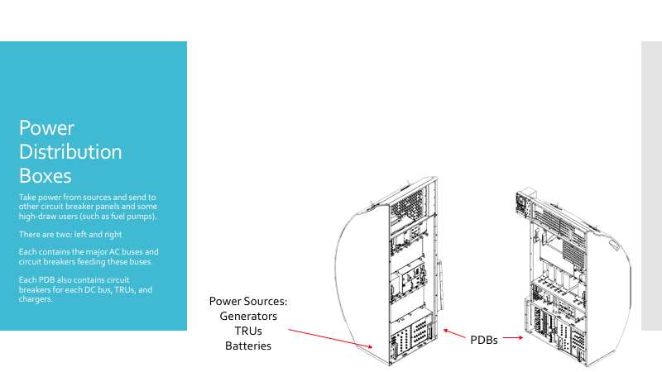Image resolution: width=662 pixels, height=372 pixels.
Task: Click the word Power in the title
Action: pos(46,128)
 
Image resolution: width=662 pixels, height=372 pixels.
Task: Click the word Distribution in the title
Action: pos(70,152)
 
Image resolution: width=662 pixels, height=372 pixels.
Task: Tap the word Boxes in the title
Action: pos(46,175)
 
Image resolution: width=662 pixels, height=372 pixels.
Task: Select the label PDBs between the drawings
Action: pos(484,340)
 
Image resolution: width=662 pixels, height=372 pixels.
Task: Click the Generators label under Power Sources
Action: pos(248,316)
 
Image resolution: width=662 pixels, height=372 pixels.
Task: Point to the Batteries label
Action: pos(248,346)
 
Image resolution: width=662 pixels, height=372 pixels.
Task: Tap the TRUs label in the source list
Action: pos(248,331)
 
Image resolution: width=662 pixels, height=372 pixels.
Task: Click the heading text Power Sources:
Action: pos(248,301)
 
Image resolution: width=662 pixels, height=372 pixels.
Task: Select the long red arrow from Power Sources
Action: pos(330,338)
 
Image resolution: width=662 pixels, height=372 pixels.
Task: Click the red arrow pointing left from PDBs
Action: pos(454,334)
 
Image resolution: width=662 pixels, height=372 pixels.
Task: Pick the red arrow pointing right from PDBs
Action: pos(513,337)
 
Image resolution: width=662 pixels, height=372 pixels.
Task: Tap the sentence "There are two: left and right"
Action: pos(70,235)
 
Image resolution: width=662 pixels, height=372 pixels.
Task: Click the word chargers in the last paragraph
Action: pos(35,299)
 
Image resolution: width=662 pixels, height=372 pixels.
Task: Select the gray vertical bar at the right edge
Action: pos(651,185)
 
